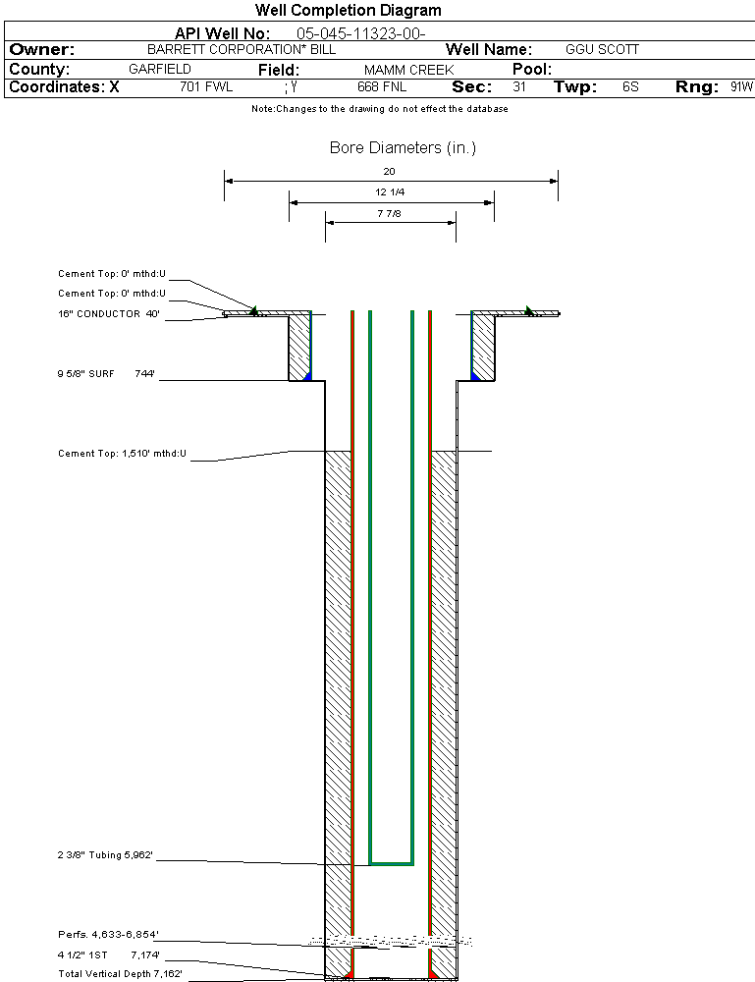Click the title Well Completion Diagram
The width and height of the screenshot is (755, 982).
pyautogui.click(x=348, y=11)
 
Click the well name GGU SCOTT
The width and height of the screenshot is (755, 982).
pyautogui.click(x=602, y=49)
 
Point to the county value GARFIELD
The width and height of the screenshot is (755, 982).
pyautogui.click(x=160, y=70)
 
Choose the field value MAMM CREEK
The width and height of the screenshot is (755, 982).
pyautogui.click(x=408, y=70)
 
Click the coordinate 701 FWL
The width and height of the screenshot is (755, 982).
pyautogui.click(x=206, y=87)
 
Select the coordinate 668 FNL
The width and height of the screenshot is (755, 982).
pyautogui.click(x=382, y=87)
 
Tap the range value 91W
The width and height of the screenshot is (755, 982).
pyautogui.click(x=741, y=87)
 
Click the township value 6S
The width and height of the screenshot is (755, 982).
pyautogui.click(x=630, y=87)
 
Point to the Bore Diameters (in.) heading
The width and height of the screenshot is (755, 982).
pyautogui.click(x=403, y=148)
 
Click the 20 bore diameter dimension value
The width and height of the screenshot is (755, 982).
pyautogui.click(x=389, y=171)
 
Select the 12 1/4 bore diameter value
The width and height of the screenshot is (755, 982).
pyautogui.click(x=390, y=192)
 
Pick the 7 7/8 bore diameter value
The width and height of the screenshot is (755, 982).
pyautogui.click(x=389, y=213)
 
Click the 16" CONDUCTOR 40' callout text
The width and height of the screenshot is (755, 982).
pyautogui.click(x=108, y=314)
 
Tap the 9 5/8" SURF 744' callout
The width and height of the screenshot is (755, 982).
pyautogui.click(x=108, y=374)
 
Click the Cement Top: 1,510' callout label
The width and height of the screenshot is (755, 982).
pyautogui.click(x=122, y=454)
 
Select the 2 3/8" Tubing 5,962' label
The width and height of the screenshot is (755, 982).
pyautogui.click(x=105, y=855)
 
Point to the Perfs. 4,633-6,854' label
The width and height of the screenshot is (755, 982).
pyautogui.click(x=107, y=934)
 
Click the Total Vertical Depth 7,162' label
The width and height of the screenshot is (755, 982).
pyautogui.click(x=120, y=973)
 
